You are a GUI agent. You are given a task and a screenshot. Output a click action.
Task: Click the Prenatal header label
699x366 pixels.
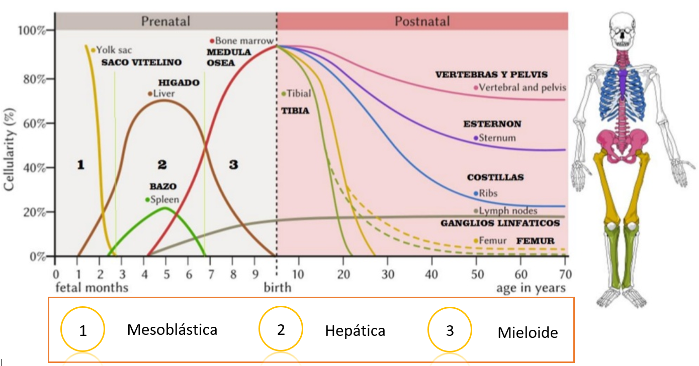165,21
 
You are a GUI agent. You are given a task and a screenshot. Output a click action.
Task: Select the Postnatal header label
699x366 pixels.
422,21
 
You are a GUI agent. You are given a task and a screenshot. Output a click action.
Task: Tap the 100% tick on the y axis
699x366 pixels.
32,31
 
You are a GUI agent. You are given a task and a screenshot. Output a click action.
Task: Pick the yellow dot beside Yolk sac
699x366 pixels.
93,50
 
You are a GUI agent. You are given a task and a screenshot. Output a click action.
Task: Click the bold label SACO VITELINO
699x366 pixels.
141,63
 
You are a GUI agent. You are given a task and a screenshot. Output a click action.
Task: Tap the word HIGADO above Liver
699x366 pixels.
179,82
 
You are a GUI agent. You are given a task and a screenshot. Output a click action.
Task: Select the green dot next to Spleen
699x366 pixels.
147,200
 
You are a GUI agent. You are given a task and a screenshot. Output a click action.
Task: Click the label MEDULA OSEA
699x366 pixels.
229,57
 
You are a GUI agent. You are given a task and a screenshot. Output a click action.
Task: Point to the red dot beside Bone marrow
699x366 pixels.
212,41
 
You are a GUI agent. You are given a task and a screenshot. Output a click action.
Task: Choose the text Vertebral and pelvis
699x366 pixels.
522,88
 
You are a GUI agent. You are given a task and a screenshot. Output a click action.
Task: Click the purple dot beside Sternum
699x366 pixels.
476,138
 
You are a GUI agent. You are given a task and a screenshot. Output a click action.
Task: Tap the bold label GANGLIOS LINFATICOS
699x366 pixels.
500,223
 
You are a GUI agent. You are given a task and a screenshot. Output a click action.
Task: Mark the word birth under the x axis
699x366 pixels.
278,288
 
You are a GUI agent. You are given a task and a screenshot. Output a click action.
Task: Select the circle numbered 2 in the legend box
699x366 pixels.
281,330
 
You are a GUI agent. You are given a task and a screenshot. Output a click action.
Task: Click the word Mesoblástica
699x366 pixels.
172,330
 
